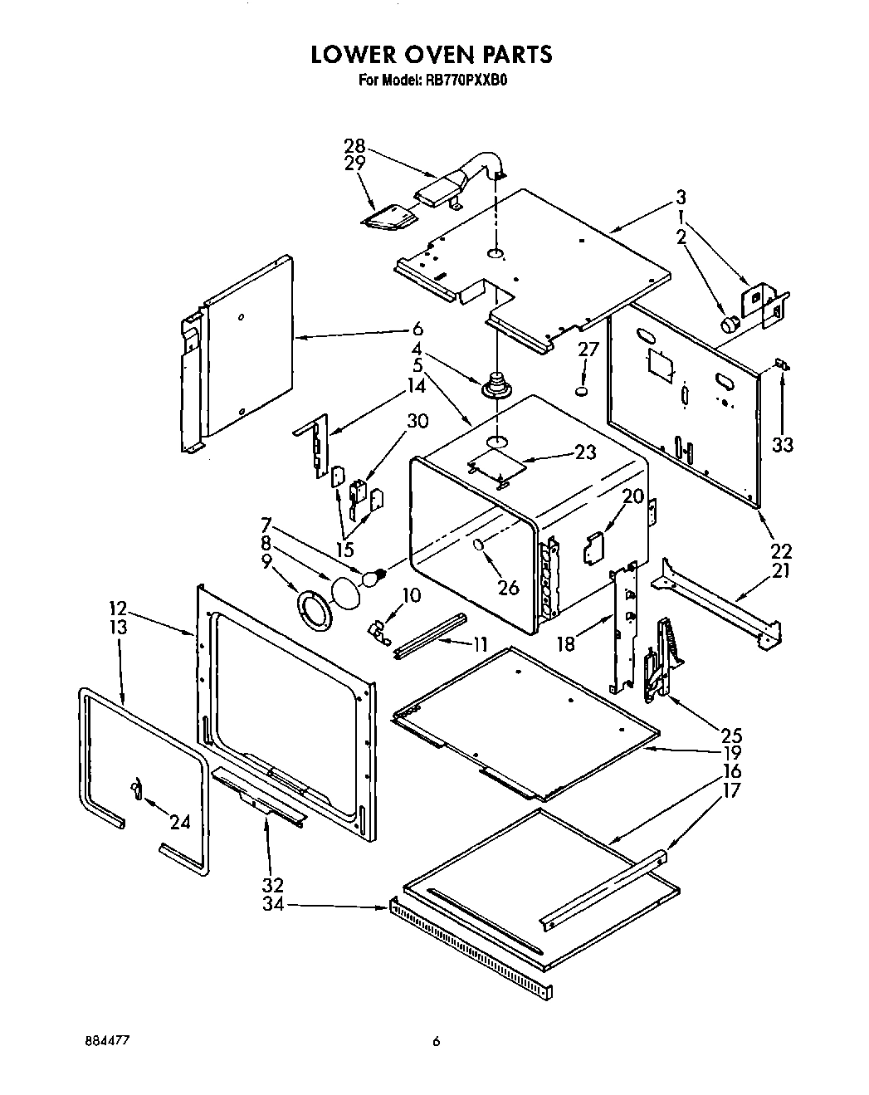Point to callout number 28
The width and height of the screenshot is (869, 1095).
(354, 147)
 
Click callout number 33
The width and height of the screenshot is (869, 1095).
(782, 444)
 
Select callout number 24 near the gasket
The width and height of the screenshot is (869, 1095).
(179, 822)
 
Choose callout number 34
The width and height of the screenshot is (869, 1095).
(273, 904)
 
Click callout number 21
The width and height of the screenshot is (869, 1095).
(782, 570)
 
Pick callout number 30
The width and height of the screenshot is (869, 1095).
(417, 421)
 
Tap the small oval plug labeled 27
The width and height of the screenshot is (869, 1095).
(583, 389)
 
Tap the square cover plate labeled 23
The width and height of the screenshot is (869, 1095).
(497, 467)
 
